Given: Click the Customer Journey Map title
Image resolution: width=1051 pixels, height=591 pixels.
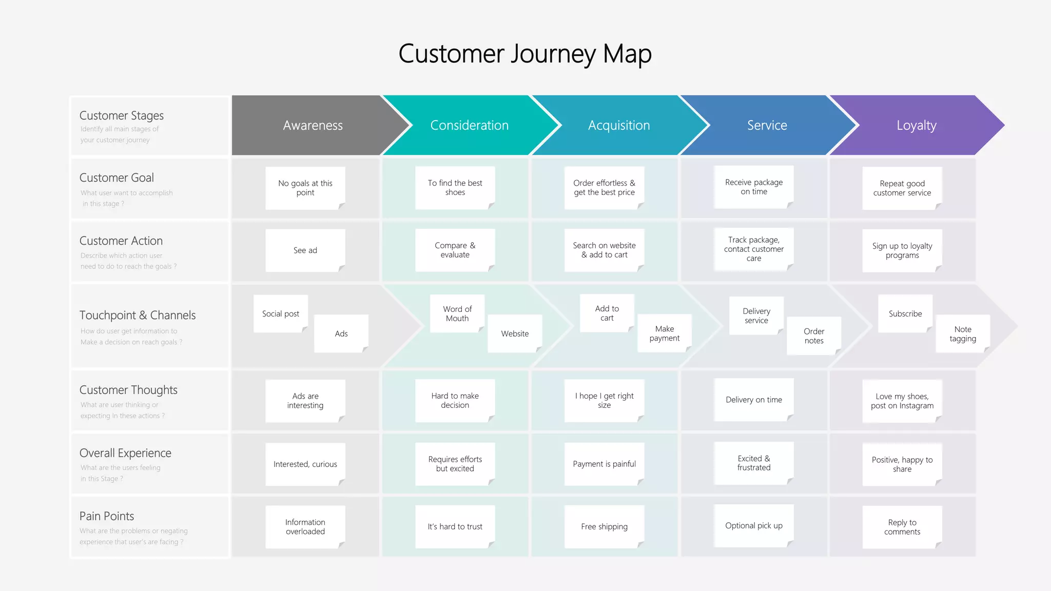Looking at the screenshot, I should tap(525, 54).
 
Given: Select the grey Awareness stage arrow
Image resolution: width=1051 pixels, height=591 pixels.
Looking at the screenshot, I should tap(313, 125).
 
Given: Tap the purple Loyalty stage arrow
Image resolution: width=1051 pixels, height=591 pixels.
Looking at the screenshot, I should tap(917, 125).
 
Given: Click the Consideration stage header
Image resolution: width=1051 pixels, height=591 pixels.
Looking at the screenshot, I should tap(469, 125).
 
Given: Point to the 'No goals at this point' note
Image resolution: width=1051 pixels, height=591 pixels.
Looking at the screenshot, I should tap(305, 188).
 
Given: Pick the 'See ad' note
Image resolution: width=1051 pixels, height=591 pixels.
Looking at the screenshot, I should tap(305, 250).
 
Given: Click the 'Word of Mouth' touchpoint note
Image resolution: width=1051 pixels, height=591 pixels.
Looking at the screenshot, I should tap(457, 313).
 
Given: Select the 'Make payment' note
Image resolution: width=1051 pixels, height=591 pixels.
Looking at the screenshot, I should tap(664, 333).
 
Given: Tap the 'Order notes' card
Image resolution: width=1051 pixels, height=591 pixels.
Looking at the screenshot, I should tap(813, 336).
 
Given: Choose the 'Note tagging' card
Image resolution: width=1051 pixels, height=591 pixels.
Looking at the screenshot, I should tap(962, 333).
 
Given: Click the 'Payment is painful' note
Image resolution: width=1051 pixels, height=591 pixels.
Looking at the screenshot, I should tap(604, 464).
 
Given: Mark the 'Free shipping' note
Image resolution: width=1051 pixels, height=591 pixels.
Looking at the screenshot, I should tap(604, 526).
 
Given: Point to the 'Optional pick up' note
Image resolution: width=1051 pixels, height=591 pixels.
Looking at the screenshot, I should tap(753, 525).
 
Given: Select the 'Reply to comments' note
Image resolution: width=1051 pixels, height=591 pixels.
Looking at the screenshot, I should tap(902, 527).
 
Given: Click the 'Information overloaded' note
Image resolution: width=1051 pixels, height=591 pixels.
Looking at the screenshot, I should tap(305, 527).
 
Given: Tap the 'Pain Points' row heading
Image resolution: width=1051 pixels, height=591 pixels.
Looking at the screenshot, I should tap(107, 516).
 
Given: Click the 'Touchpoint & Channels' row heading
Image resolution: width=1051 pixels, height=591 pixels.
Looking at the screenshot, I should tap(138, 315).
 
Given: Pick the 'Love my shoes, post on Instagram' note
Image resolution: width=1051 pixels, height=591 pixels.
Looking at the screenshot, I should tap(902, 401).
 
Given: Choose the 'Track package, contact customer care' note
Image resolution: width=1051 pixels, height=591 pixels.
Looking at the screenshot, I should tap(753, 249).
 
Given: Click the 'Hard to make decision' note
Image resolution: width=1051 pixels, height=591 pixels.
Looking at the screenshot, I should tap(455, 400).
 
